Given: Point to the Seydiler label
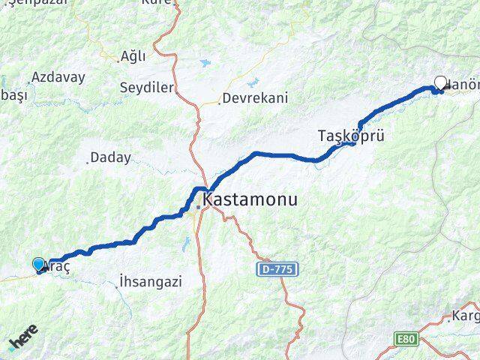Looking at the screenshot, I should (x=146, y=88).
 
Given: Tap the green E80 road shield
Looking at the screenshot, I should (x=406, y=340).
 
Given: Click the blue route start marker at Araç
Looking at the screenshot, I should (x=38, y=263).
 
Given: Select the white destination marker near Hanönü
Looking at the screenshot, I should (x=440, y=84).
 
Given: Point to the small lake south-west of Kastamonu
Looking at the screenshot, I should (x=186, y=242).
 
